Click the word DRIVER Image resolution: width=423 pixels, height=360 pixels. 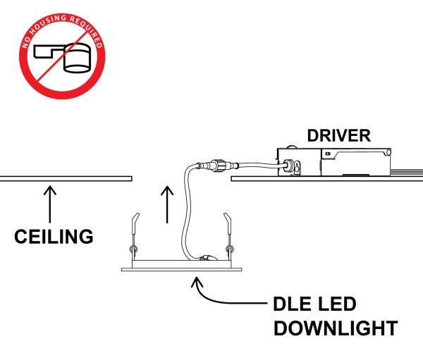(338, 136)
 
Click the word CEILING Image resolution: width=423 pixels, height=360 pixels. (54, 236)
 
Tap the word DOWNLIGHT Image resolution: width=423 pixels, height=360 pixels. (335, 329)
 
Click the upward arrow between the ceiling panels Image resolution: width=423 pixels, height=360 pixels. (166, 204)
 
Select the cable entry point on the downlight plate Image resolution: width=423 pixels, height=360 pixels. (206, 259)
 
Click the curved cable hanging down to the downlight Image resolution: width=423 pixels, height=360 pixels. (187, 211)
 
